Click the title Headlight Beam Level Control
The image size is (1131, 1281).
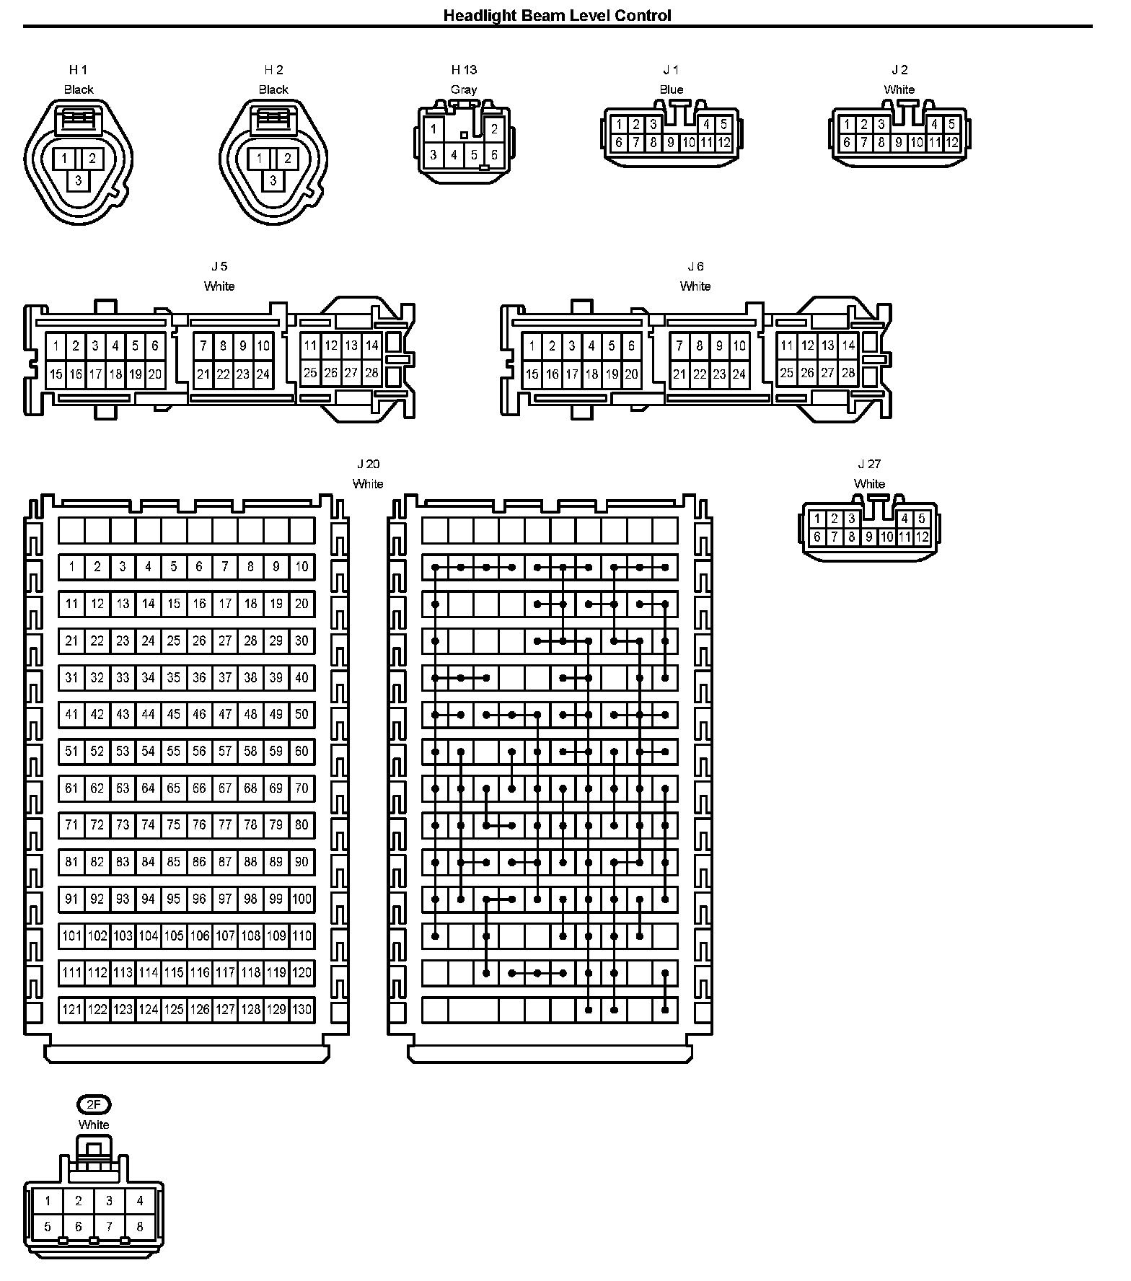(x=557, y=15)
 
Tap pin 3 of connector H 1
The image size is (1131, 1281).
(x=79, y=181)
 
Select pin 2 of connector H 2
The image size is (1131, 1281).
(x=287, y=159)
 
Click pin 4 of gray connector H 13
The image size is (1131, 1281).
(x=454, y=155)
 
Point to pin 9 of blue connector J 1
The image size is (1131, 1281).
(x=671, y=143)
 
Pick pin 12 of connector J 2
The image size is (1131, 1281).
(x=952, y=143)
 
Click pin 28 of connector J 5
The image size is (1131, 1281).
(x=371, y=373)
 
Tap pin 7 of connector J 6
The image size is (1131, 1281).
(x=679, y=346)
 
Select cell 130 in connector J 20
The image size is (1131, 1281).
(x=302, y=1009)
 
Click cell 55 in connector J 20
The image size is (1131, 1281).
(x=174, y=752)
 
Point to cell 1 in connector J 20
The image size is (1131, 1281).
(x=71, y=567)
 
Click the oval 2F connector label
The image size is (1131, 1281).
(x=94, y=1104)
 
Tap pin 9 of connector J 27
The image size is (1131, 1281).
(x=869, y=537)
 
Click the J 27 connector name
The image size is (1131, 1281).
(x=869, y=464)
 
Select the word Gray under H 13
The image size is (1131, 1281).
(x=464, y=89)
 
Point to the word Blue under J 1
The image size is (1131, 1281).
(x=671, y=89)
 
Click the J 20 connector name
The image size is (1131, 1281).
(x=367, y=464)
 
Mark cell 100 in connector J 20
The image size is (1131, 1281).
(x=302, y=899)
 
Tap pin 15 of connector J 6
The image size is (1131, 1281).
(x=532, y=374)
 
